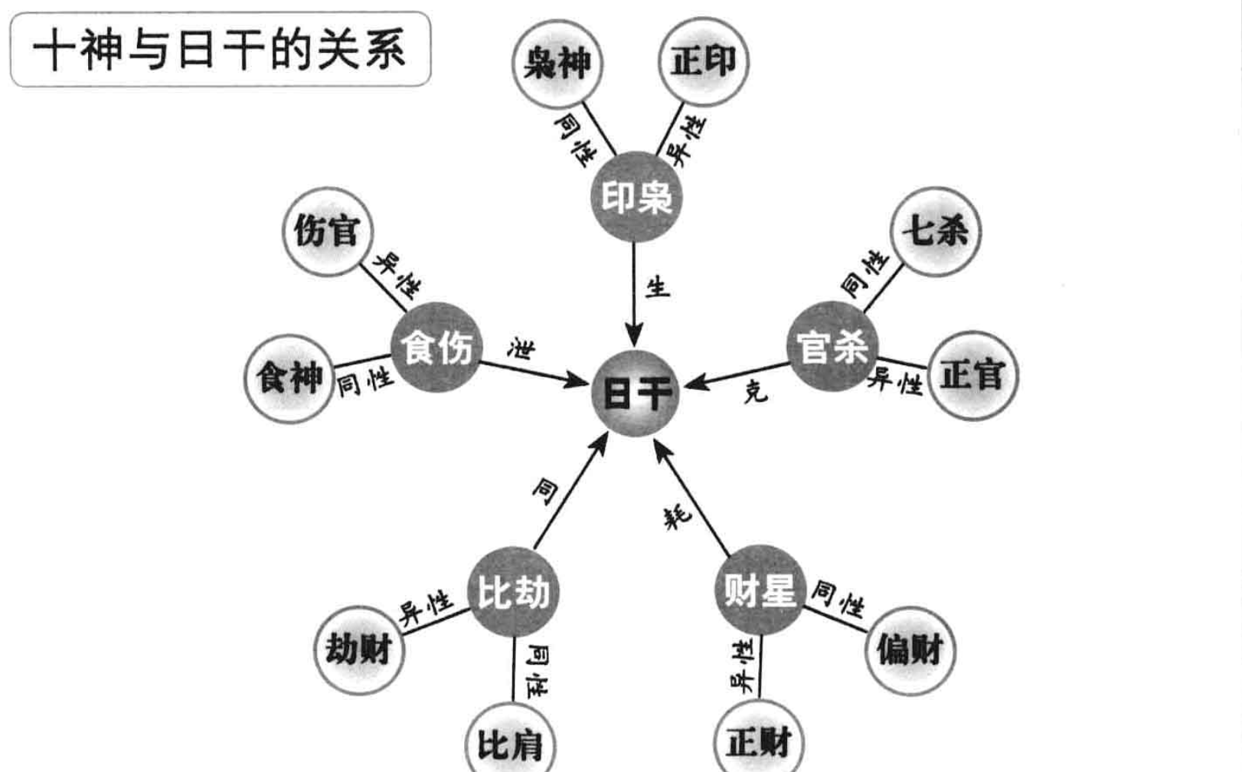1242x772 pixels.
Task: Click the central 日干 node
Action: (636, 393)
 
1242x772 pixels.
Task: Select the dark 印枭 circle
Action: (636, 197)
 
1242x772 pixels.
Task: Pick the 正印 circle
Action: (703, 61)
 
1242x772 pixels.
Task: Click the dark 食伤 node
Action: (436, 347)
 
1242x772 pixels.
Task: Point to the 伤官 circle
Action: (327, 231)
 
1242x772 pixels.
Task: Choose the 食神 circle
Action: (289, 378)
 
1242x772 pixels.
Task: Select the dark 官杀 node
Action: (832, 346)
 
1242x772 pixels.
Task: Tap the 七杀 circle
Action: (935, 231)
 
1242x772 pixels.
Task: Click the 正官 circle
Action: (972, 375)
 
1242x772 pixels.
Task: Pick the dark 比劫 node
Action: (512, 591)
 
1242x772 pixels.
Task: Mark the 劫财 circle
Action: (358, 649)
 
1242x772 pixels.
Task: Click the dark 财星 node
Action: (760, 590)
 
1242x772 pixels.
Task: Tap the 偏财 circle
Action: (910, 650)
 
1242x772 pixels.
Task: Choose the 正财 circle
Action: (758, 741)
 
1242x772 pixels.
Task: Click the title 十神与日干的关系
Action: (221, 49)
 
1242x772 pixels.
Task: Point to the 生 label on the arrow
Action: (657, 288)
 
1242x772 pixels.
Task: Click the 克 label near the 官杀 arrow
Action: (754, 393)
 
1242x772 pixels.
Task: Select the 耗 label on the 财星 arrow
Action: (678, 516)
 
